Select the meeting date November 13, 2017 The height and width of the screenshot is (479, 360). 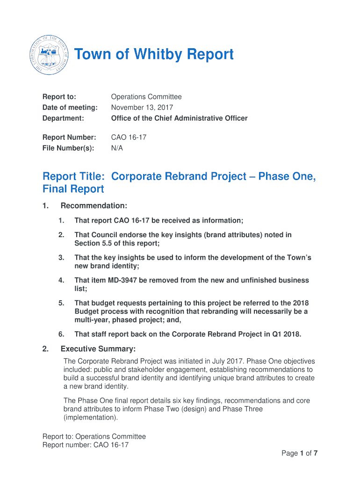pos(142,108)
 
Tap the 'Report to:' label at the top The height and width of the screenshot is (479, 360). pos(59,97)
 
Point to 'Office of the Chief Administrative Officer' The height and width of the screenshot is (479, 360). pos(179,118)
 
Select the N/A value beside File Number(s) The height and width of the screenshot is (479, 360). pos(117,148)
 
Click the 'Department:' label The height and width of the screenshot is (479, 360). pos(63,118)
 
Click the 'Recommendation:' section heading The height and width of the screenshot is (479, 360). pos(94,206)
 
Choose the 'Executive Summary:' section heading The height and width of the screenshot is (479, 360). pos(98,349)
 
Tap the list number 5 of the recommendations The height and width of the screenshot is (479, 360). pos(61,303)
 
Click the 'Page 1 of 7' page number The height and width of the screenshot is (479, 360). pos(299,453)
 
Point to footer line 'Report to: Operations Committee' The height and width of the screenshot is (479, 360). pos(94,436)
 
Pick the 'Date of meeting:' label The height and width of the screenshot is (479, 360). pos(70,108)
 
